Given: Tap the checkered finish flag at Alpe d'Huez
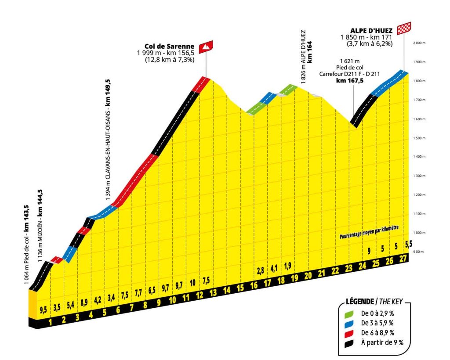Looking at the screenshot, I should click(404, 28).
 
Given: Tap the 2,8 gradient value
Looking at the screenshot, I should click(260, 270).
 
